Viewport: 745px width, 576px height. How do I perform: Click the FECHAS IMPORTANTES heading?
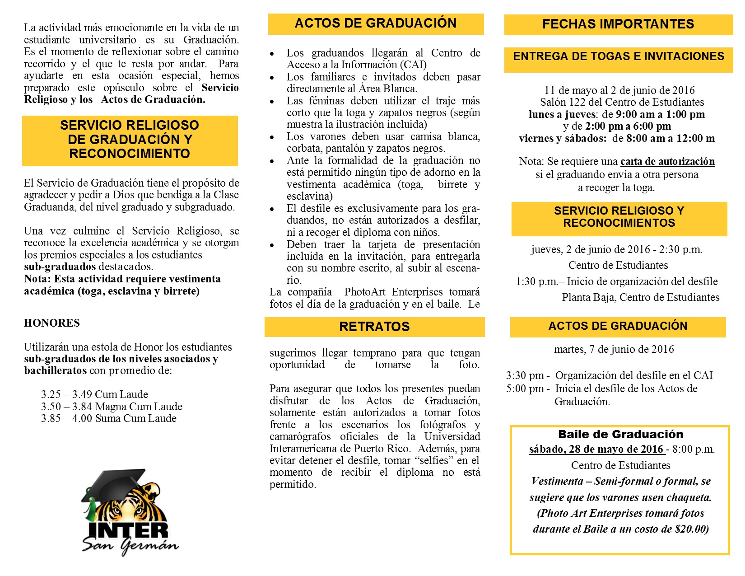click(x=618, y=24)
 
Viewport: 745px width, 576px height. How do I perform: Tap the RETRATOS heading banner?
click(x=374, y=327)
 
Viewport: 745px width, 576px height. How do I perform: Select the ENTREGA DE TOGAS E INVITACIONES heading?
click(x=618, y=56)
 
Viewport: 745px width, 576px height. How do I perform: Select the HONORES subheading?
click(x=52, y=323)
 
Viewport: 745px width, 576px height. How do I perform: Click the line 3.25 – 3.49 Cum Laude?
click(x=94, y=394)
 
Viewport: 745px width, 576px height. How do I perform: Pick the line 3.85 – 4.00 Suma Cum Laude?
click(x=108, y=418)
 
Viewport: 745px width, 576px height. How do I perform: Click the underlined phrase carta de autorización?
click(x=667, y=162)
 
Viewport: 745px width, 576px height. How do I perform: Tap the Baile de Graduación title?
click(x=620, y=435)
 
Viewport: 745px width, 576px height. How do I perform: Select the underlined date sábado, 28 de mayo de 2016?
click(x=596, y=450)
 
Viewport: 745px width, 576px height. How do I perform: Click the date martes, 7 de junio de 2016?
click(x=614, y=349)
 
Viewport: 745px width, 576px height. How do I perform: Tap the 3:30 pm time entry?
click(x=525, y=375)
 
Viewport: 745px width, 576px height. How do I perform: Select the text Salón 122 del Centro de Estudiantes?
click(x=622, y=103)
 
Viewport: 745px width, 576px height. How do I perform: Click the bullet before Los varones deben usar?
click(x=272, y=137)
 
